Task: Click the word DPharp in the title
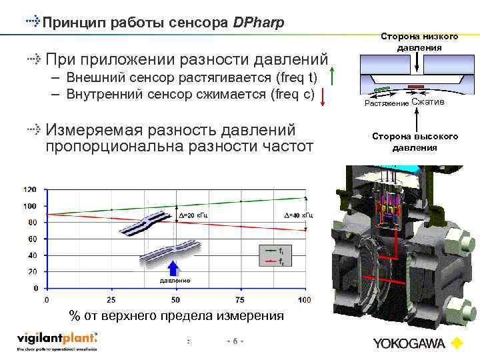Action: click(259, 23)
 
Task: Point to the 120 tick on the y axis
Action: click(31, 189)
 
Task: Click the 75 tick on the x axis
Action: click(239, 300)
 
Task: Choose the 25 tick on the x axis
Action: click(111, 300)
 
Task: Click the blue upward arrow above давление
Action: click(173, 267)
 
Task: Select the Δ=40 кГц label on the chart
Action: click(297, 215)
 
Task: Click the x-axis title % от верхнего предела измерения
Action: click(177, 315)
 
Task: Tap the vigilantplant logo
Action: click(57, 339)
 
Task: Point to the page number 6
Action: click(235, 341)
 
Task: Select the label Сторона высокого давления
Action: click(415, 141)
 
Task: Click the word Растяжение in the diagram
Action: click(386, 103)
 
